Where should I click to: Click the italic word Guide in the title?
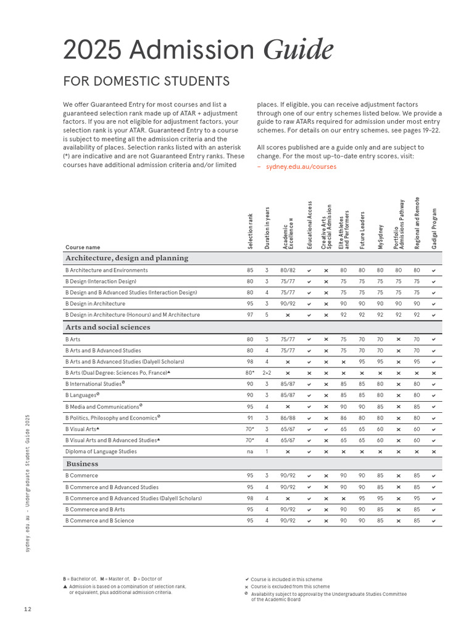[x=299, y=49]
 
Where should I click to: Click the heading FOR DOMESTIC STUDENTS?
[x=146, y=81]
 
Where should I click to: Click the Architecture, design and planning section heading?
[x=127, y=258]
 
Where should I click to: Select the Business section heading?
[x=81, y=464]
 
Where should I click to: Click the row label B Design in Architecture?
[x=95, y=304]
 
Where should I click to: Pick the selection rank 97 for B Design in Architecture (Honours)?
[x=250, y=315]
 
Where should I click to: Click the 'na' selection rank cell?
[x=250, y=452]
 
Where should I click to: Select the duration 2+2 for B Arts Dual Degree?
[x=267, y=373]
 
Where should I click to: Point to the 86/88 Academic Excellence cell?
[x=288, y=418]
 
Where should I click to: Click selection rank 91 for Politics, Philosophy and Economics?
[x=250, y=418]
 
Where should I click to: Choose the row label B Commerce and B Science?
[x=99, y=521]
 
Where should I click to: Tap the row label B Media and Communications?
[x=103, y=407]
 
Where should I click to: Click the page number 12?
[x=28, y=609]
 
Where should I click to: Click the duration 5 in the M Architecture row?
[x=267, y=315]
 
